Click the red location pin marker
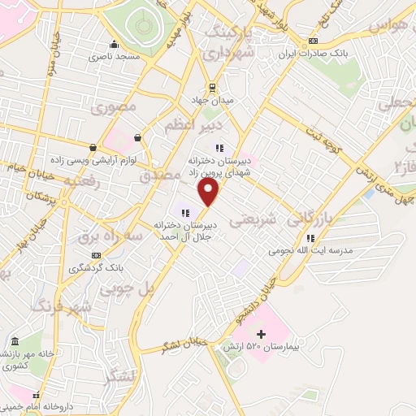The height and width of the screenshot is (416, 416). coord(209,192)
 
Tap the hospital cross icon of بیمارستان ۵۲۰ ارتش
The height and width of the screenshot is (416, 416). coord(261,333)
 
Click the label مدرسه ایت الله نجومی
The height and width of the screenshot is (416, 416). coord(313,251)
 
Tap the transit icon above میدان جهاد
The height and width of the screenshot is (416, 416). coord(213,87)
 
